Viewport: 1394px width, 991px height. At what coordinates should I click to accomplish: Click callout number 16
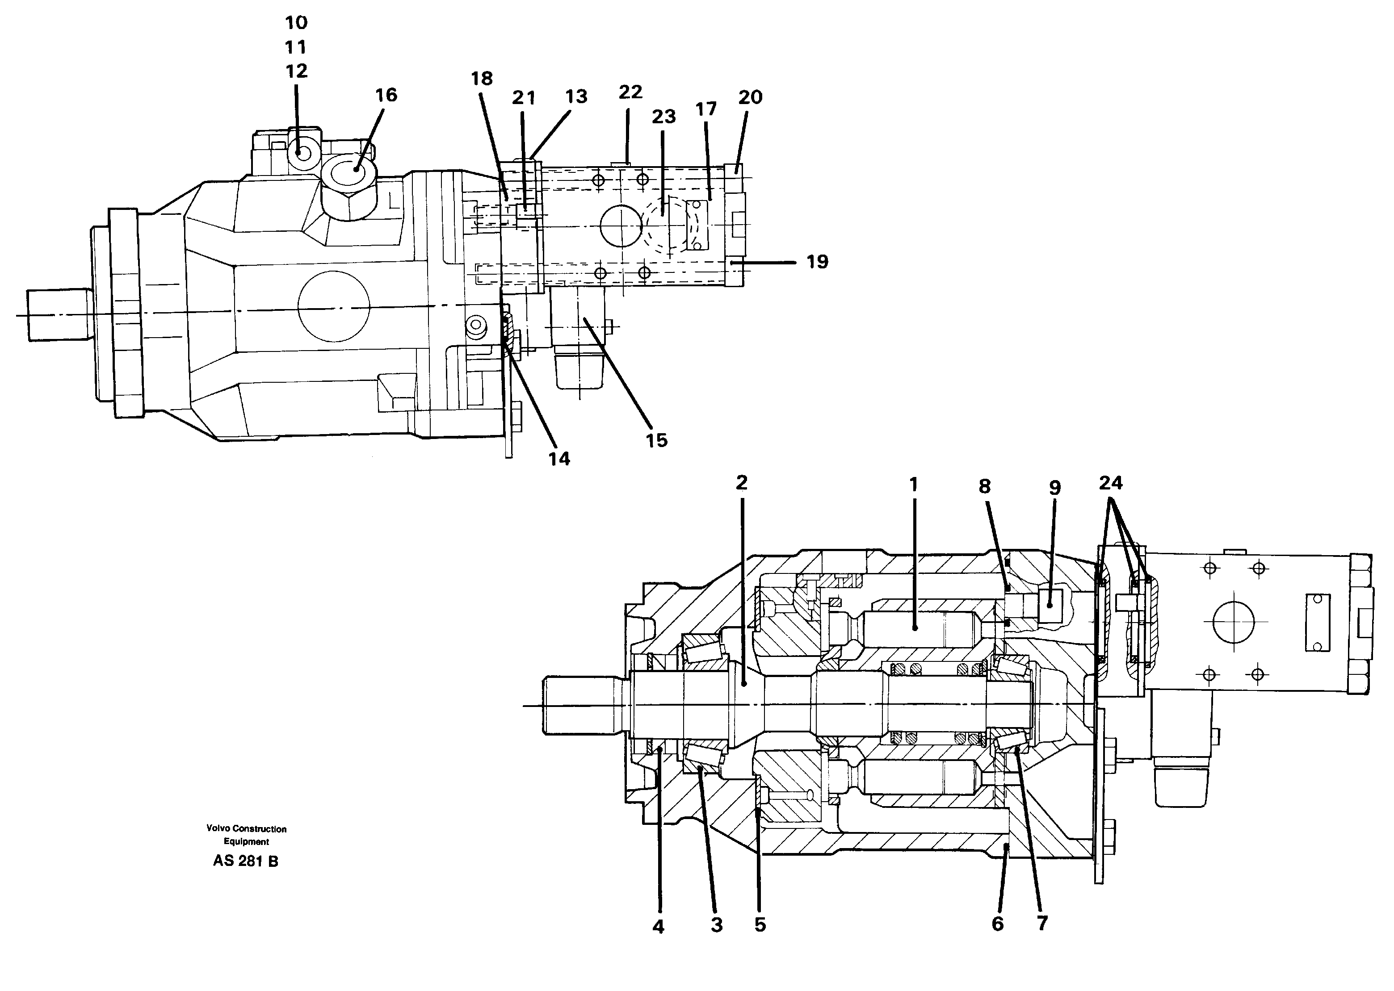(x=386, y=95)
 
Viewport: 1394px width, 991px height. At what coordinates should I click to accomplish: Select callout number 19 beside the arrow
(x=817, y=262)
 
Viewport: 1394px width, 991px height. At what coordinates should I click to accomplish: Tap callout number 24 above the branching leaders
(x=1110, y=483)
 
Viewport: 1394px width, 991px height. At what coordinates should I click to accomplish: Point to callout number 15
(x=657, y=441)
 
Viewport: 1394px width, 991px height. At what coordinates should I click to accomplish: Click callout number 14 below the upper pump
(x=559, y=459)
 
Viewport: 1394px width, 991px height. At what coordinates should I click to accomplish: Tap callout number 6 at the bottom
(x=997, y=924)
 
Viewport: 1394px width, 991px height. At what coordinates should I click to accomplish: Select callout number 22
(x=630, y=92)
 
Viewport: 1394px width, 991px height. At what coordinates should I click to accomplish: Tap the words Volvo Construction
(x=246, y=829)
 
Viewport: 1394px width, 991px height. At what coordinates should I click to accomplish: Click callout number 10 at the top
(x=296, y=23)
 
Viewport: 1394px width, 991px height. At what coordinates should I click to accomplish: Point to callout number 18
(x=482, y=78)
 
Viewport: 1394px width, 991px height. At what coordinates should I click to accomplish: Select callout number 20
(x=750, y=97)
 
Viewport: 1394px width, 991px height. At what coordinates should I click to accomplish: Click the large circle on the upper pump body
(x=333, y=307)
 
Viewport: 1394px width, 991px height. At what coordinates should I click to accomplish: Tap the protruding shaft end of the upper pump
(x=58, y=315)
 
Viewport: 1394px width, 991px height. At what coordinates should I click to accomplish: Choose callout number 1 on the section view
(x=913, y=485)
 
